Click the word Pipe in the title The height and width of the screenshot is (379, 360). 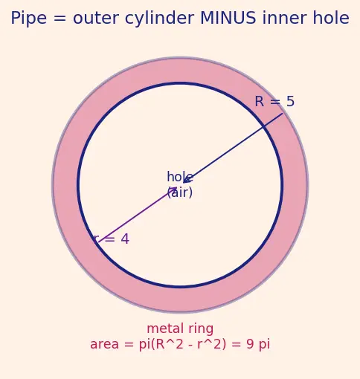coord(29,19)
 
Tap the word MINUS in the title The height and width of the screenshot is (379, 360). coord(228,19)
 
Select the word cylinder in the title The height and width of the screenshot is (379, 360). coord(159,19)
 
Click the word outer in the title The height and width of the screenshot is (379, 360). coord(95,19)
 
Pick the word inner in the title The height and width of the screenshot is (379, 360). coord(284,19)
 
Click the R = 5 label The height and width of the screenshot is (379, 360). coord(274,101)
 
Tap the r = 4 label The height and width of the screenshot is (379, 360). coord(112,239)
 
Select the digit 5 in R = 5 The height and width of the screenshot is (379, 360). coord(290,101)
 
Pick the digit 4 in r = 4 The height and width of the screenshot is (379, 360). coord(125,239)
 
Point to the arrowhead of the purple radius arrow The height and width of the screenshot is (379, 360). coord(175,189)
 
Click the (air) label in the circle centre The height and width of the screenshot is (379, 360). coord(180,192)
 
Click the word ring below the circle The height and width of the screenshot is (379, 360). coord(201,329)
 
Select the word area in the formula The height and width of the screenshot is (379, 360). coord(104,345)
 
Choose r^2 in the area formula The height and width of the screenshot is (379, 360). coord(210,344)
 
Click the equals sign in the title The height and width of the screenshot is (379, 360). coord(60,19)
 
